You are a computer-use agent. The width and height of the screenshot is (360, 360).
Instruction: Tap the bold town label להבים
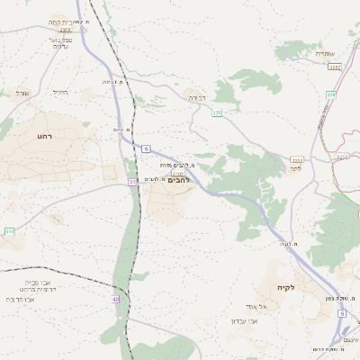[180, 180]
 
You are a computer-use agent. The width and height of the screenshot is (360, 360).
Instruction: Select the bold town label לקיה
[285, 287]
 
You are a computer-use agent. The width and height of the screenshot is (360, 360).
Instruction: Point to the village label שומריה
[325, 54]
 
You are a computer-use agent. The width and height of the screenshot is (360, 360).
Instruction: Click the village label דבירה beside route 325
[197, 97]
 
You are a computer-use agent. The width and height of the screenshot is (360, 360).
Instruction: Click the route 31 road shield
[131, 183]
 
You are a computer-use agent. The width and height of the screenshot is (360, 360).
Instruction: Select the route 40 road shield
[115, 299]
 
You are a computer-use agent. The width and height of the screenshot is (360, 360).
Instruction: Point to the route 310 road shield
[9, 231]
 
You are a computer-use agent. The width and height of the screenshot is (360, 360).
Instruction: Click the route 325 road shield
[216, 112]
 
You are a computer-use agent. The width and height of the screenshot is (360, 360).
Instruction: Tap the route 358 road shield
[331, 94]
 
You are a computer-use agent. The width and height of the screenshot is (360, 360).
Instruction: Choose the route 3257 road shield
[335, 67]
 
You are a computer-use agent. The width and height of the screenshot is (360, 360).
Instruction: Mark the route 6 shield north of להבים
[145, 148]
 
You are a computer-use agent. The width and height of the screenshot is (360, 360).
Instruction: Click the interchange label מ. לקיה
[288, 244]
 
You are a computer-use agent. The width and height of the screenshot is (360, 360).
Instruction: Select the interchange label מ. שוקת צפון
[341, 297]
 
